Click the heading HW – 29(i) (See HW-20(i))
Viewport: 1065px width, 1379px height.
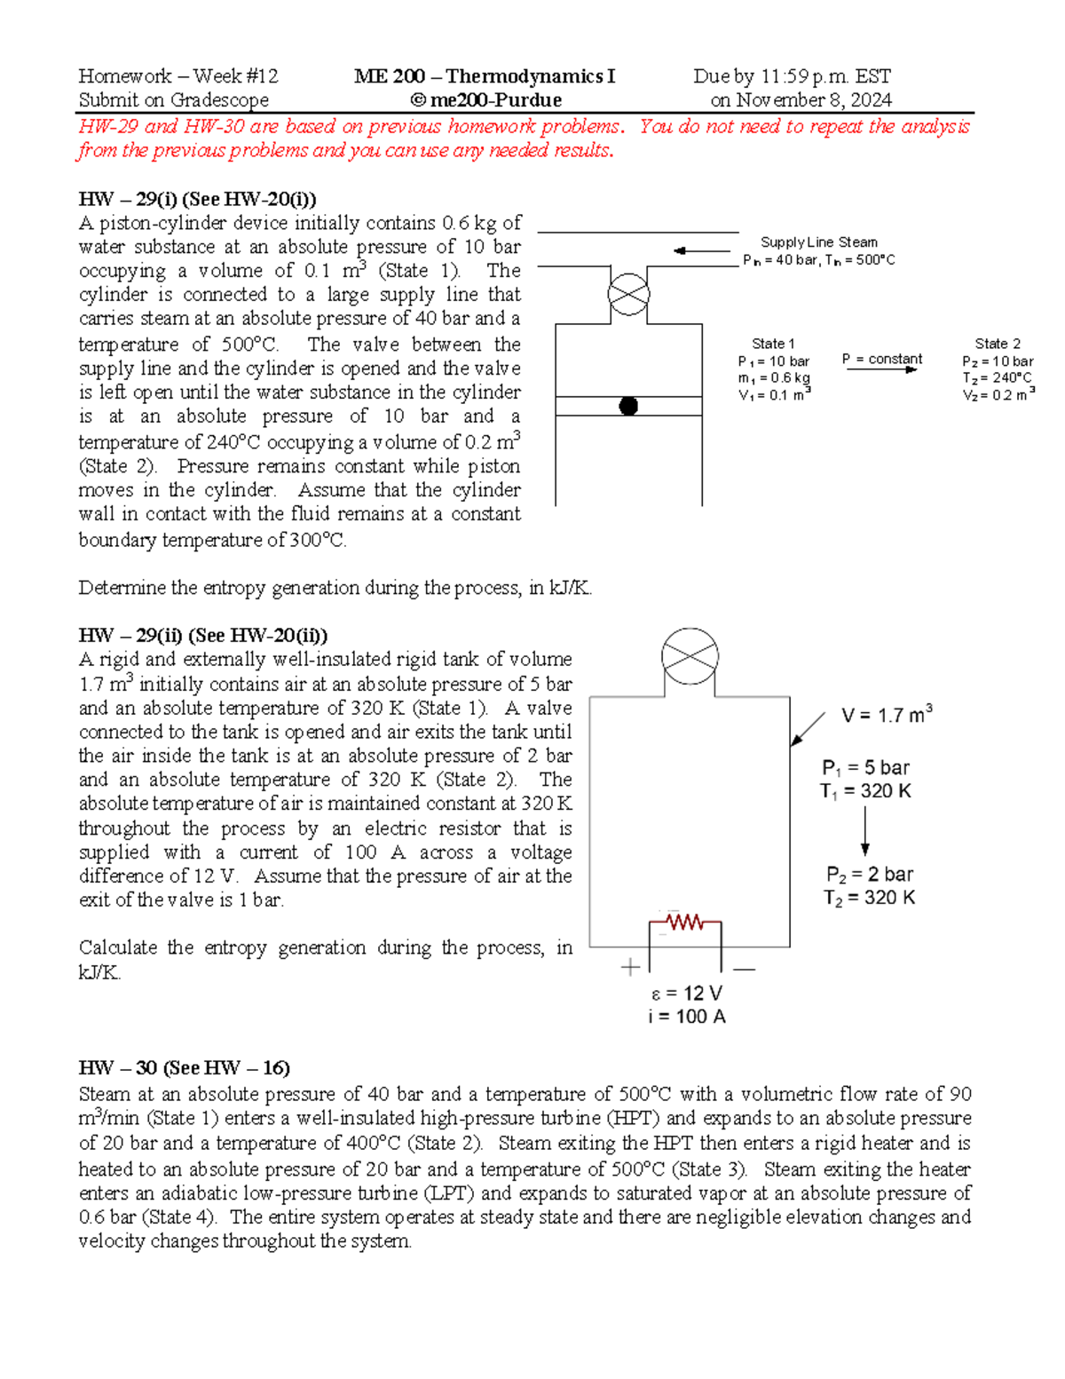[x=197, y=199]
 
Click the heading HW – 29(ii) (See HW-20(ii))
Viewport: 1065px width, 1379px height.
[x=202, y=636]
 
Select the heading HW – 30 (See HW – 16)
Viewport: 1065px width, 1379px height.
[x=184, y=1068]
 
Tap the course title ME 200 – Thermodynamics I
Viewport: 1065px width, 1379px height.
[x=485, y=76]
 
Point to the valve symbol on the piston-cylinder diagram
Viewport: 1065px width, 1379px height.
[x=628, y=295]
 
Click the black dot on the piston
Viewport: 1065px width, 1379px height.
[x=628, y=407]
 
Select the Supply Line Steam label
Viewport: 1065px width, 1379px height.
[x=818, y=242]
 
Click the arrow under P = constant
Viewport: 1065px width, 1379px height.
[x=880, y=370]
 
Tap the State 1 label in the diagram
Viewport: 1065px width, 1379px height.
[x=773, y=344]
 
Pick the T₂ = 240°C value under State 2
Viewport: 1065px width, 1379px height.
[x=997, y=378]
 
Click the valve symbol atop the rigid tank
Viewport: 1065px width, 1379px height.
[x=690, y=657]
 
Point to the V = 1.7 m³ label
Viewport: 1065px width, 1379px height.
[x=886, y=715]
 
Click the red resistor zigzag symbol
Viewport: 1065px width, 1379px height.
[x=684, y=923]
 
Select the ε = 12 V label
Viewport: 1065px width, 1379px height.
[x=686, y=994]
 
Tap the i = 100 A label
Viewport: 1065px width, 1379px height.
[x=686, y=1017]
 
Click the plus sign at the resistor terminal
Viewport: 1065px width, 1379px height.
[x=630, y=968]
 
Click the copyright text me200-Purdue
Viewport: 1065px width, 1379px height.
[x=485, y=100]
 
